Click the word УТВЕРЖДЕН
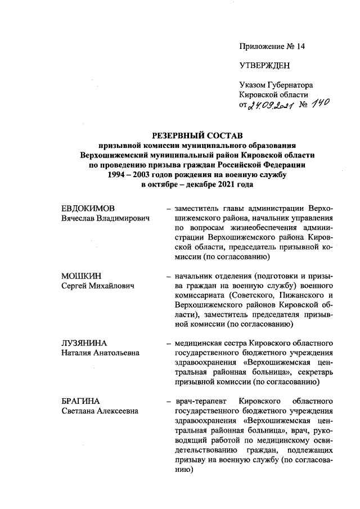265,65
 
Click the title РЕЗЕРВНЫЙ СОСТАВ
197,136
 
